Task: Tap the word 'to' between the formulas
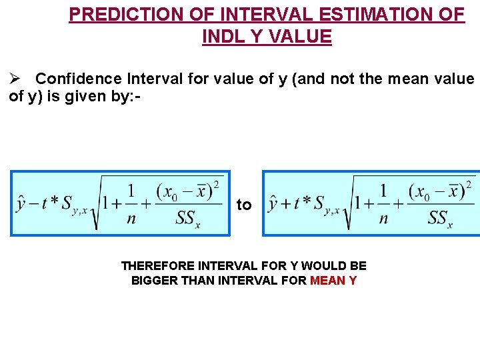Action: pyautogui.click(x=244, y=205)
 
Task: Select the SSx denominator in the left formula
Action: pyautogui.click(x=188, y=218)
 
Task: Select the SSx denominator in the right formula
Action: pyautogui.click(x=440, y=218)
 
